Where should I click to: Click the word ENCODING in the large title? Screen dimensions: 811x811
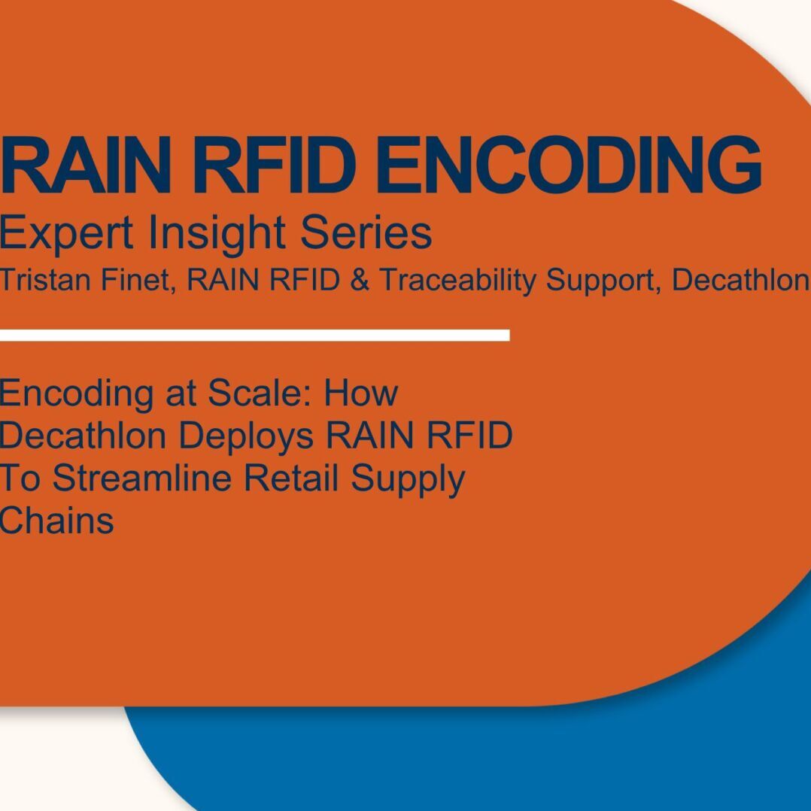tap(569, 165)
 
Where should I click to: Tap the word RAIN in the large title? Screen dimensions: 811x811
tap(85, 165)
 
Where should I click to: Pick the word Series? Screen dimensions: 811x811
tap(366, 232)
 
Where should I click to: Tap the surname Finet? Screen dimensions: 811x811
tap(135, 281)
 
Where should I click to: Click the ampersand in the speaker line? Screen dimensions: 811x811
tap(360, 281)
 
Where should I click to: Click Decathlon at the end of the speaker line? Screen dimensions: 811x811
tap(740, 280)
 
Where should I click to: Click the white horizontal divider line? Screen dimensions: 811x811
tap(254, 336)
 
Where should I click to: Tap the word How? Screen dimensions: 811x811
tap(361, 393)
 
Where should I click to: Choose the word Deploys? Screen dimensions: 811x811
tap(246, 437)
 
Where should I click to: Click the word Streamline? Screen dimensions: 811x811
tap(141, 478)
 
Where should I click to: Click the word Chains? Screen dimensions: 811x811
tap(56, 521)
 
